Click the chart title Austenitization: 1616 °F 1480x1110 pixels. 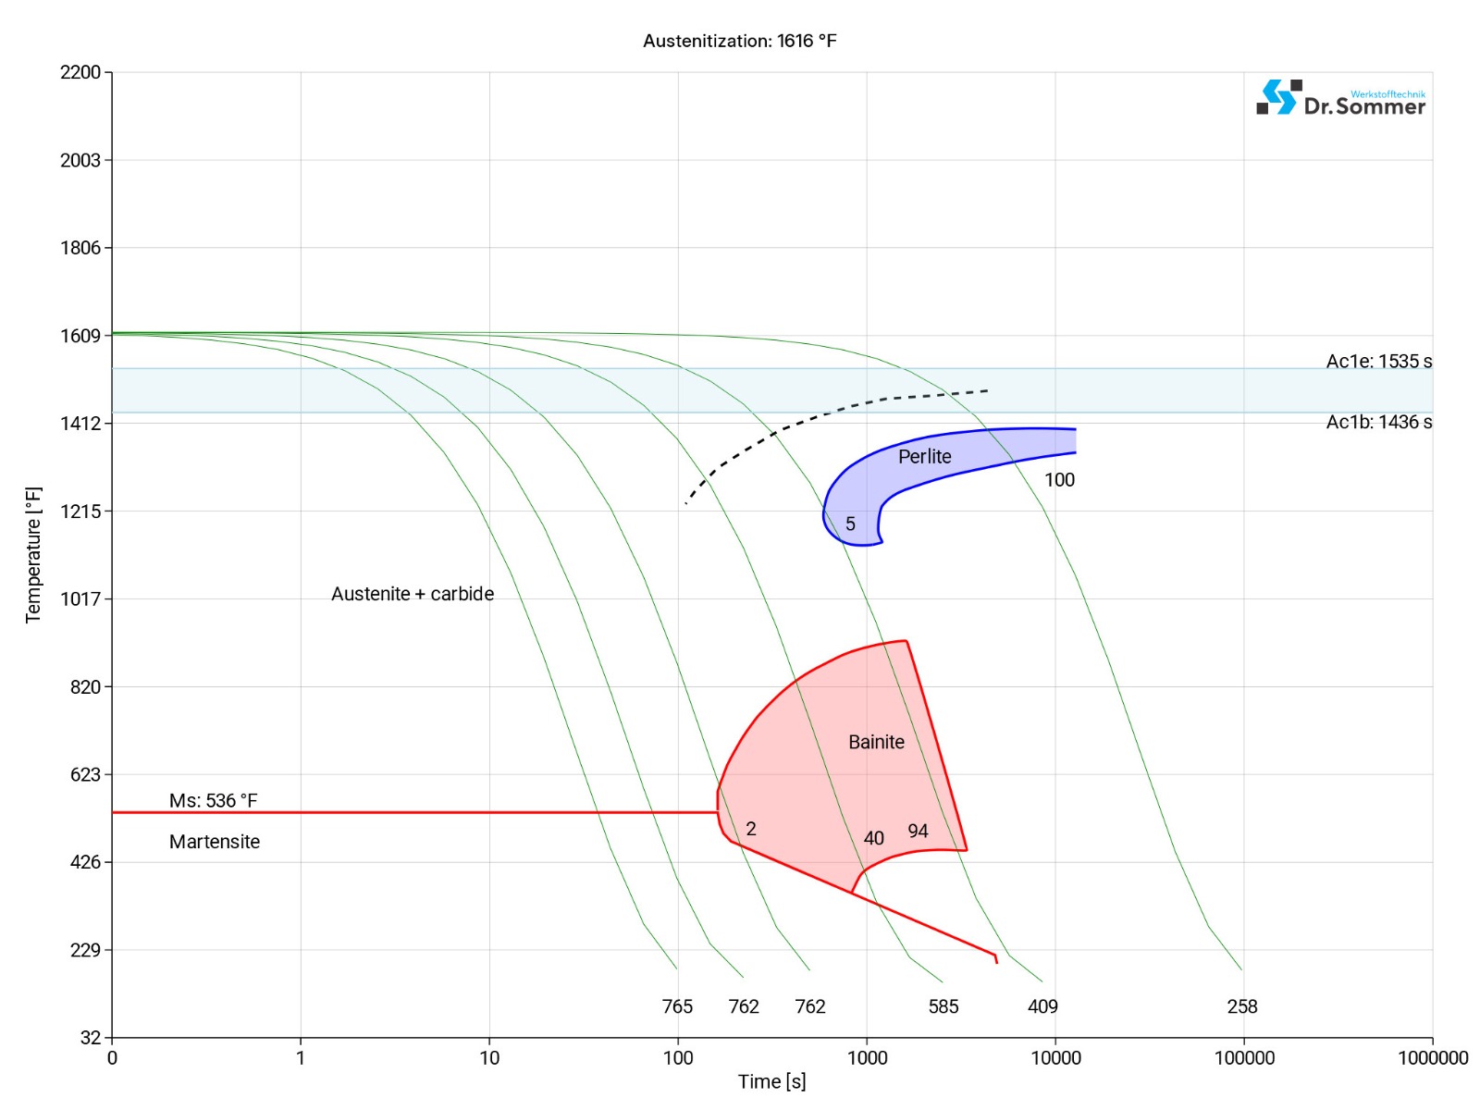click(x=739, y=41)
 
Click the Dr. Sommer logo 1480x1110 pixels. click(x=1340, y=98)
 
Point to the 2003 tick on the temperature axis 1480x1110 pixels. click(x=80, y=160)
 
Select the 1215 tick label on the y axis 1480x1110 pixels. click(x=80, y=511)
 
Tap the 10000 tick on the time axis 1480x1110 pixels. click(x=1055, y=1057)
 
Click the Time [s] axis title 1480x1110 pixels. click(x=771, y=1081)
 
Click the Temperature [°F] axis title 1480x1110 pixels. click(x=33, y=555)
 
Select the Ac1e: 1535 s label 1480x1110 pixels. click(x=1378, y=361)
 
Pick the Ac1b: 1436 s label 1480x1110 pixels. click(x=1378, y=422)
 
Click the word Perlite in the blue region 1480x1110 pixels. click(x=924, y=456)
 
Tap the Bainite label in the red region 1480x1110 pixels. click(x=876, y=742)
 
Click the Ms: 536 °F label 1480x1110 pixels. click(x=213, y=800)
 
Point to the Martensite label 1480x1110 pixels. click(x=215, y=842)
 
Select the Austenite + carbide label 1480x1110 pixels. click(x=413, y=594)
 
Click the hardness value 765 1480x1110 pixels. click(x=677, y=1006)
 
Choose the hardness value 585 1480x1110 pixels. click(x=943, y=1006)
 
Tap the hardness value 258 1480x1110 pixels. click(x=1241, y=1006)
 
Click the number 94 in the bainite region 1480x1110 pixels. click(x=918, y=831)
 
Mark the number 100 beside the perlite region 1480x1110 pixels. click(x=1059, y=479)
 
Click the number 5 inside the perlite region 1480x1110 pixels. click(x=850, y=524)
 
